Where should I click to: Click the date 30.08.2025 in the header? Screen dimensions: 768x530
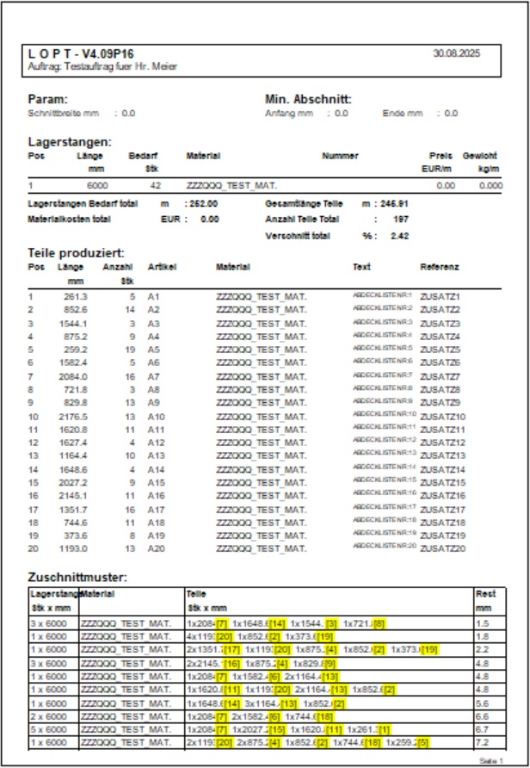pos(457,53)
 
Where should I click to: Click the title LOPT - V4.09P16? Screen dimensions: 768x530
pos(81,54)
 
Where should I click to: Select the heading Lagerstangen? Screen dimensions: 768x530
pos(69,141)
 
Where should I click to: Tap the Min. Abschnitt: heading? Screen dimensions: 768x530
pos(308,99)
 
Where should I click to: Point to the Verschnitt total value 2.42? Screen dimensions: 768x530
pos(399,235)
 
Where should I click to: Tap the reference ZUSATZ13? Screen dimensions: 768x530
pos(442,455)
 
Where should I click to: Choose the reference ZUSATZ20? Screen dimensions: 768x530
pos(442,548)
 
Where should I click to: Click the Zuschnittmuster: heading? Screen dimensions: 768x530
pos(77,577)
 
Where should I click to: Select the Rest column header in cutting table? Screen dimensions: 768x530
pos(485,594)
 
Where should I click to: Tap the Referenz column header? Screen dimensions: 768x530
pos(440,267)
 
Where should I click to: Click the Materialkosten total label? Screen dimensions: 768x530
pos(69,220)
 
